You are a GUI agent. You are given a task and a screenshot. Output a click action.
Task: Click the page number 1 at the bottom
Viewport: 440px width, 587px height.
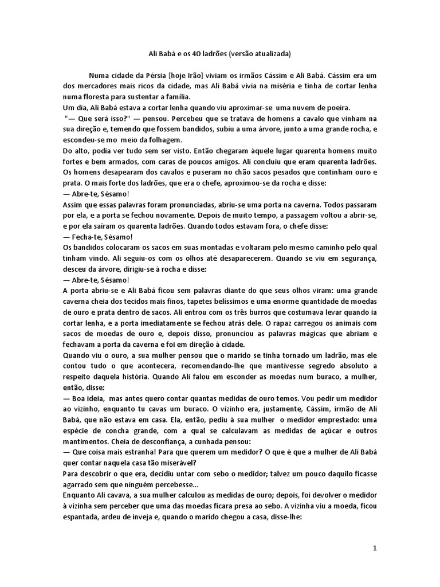click(x=375, y=549)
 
